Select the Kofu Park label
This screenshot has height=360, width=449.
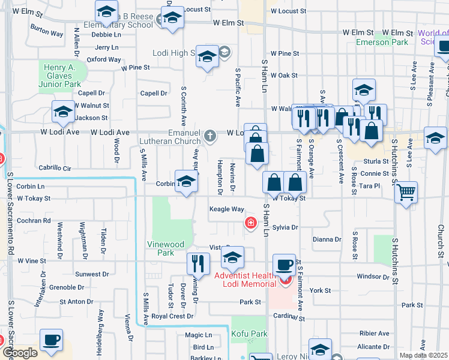(250, 334)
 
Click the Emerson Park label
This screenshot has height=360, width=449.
(382, 43)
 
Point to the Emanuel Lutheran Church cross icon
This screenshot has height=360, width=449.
(209, 136)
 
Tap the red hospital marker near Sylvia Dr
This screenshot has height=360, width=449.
(250, 224)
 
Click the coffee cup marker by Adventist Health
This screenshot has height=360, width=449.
(284, 265)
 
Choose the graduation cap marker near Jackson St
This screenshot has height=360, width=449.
(63, 111)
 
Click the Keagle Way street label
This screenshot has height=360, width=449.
(226, 209)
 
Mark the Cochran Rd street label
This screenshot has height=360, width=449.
(34, 221)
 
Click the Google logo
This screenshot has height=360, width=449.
(20, 353)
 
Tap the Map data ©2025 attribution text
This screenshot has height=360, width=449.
(423, 355)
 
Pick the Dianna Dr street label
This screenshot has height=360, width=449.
(327, 239)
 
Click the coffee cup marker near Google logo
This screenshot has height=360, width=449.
(51, 340)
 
